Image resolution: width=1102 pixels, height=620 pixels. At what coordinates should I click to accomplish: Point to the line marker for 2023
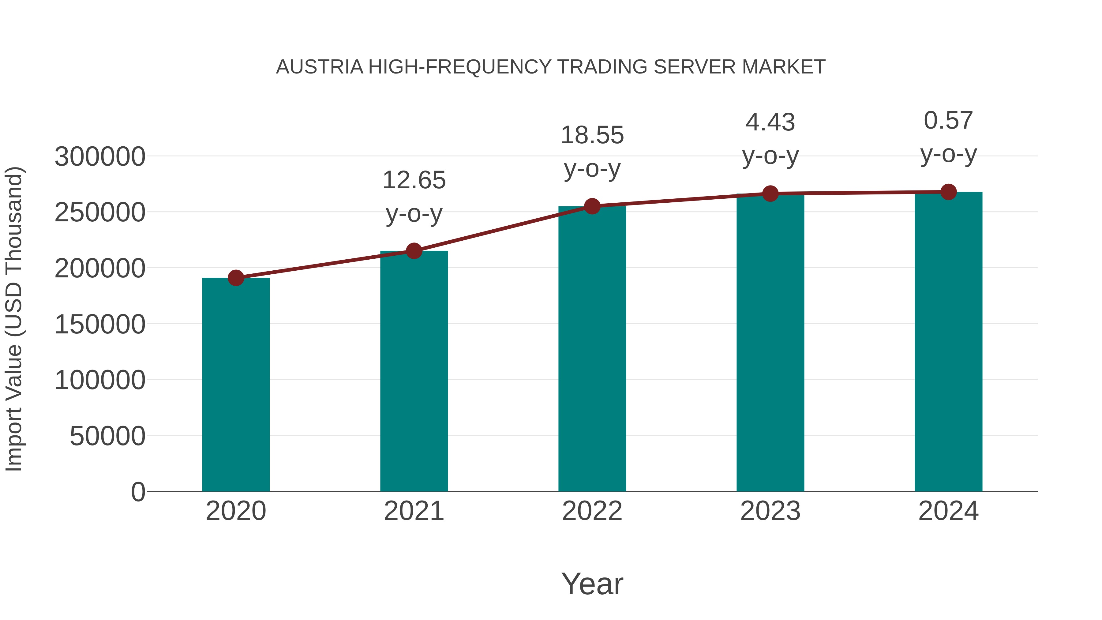pos(770,194)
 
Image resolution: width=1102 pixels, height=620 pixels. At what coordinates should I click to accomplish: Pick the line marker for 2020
pos(236,278)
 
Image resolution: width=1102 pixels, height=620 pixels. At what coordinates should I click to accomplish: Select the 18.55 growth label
pos(592,135)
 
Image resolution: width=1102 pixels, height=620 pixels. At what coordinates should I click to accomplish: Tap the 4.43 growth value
pos(770,122)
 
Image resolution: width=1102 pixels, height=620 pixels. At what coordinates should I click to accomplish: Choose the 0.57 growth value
pos(948,120)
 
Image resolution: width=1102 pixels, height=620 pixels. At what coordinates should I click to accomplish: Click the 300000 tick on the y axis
pos(100,156)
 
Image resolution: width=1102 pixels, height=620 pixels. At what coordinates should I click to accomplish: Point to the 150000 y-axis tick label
pos(100,324)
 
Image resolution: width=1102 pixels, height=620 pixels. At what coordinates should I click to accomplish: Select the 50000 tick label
pos(107,436)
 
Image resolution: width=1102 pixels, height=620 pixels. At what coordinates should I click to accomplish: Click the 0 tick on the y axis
pos(138,492)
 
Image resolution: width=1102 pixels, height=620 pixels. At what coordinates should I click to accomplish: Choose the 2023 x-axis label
pos(770,511)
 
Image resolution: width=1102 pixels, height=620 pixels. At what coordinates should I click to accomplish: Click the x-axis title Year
pos(592,584)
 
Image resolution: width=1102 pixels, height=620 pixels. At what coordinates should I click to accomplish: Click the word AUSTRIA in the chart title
pos(320,67)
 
